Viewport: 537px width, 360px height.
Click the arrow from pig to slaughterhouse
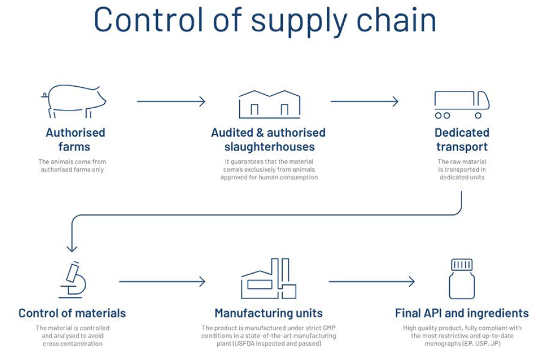pos(171,101)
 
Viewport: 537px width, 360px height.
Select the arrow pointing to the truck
pos(365,101)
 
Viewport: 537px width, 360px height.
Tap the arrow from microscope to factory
pos(162,281)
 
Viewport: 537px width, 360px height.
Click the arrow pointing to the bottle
pos(372,281)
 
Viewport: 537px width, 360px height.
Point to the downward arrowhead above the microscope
pos(72,247)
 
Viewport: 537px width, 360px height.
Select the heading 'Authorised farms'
pos(75,139)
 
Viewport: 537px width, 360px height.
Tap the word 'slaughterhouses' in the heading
pos(269,147)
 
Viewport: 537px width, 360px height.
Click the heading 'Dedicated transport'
pos(462,139)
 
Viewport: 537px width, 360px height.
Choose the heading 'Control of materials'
pos(72,313)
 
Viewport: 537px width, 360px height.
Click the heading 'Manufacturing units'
pos(268,313)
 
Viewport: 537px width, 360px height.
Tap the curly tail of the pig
pos(45,95)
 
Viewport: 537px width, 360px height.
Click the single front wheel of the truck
pos(478,116)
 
